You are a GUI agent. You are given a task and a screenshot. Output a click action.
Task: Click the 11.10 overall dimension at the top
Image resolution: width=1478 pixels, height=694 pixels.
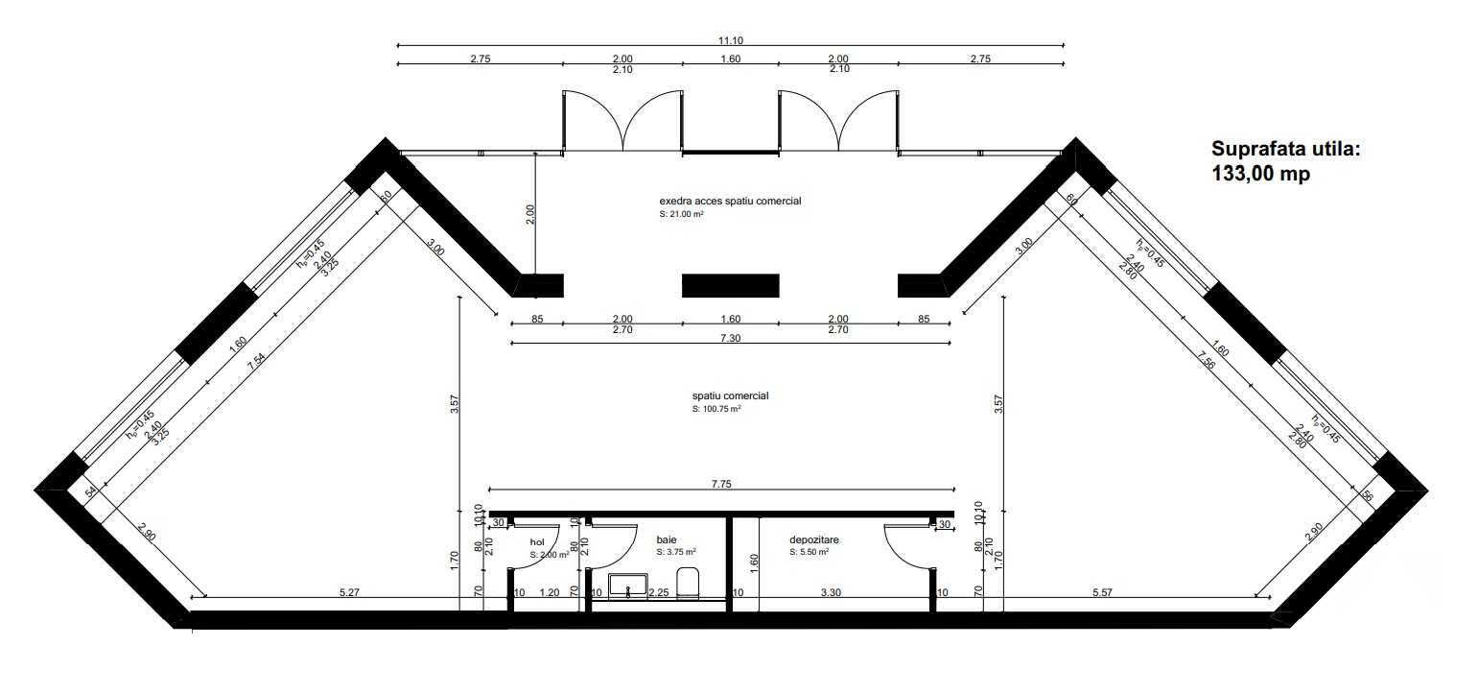(730, 39)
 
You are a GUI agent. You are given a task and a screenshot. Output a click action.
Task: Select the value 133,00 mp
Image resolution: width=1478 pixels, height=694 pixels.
(1260, 174)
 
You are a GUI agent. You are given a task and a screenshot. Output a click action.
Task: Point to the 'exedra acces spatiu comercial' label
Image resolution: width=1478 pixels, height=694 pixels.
(730, 202)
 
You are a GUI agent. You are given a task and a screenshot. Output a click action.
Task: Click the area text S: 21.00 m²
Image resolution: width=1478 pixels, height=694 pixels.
(682, 215)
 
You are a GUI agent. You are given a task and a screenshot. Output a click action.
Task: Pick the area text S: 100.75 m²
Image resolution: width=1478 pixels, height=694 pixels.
(716, 409)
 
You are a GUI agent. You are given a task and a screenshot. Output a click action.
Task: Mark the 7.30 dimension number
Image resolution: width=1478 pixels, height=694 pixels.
(730, 338)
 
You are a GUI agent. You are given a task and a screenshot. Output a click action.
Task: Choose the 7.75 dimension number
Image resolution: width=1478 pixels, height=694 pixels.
(721, 485)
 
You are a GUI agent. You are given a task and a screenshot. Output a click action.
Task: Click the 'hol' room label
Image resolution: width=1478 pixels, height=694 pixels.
(537, 542)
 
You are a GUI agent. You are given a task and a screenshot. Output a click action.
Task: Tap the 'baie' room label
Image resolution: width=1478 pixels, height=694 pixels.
(666, 540)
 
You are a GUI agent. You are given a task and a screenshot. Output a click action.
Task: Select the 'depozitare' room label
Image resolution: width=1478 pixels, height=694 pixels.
(813, 540)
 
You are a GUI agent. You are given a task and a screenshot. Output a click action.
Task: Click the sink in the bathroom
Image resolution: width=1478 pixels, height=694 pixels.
(628, 586)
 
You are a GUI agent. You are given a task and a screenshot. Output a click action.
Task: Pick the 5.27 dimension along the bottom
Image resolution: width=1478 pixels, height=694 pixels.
(349, 592)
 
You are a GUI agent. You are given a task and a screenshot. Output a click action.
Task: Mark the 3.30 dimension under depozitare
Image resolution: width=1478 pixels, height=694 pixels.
(831, 592)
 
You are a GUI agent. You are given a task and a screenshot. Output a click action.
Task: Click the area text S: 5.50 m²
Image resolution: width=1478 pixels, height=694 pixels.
(809, 553)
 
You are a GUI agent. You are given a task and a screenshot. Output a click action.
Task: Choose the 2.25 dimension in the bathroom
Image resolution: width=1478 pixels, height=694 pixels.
(658, 592)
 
